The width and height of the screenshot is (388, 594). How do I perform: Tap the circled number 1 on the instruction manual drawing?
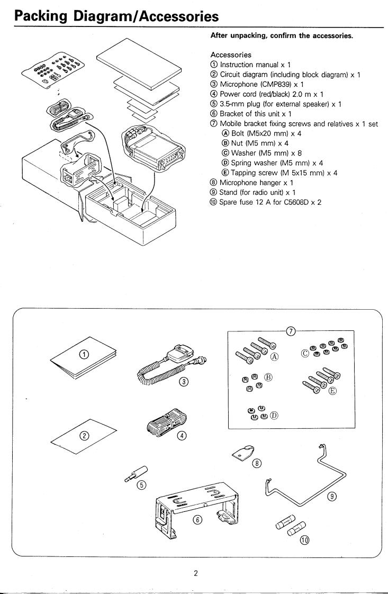[83, 354]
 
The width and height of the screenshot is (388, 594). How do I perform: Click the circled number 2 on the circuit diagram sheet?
[84, 436]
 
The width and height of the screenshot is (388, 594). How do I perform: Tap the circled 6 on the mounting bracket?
[197, 520]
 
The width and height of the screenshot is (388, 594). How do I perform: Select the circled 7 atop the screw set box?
[290, 331]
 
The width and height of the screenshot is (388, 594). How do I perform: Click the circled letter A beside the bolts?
[274, 356]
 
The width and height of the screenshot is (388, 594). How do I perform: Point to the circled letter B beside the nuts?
[268, 377]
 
